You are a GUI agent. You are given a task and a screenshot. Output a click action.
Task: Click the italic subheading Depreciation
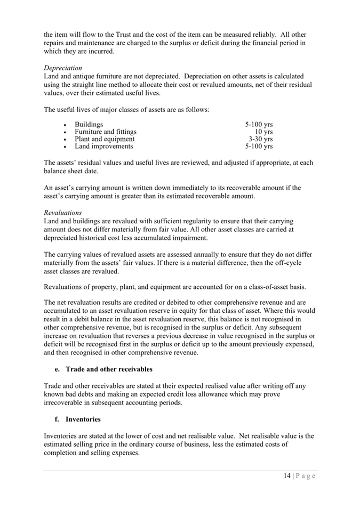63,68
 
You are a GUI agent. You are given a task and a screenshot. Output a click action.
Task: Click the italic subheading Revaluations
62,212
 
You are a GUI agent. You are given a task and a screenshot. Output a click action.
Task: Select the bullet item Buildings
89,125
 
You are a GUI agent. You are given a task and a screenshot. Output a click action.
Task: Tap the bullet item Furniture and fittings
106,132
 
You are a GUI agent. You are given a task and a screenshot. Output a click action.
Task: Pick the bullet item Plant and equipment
105,139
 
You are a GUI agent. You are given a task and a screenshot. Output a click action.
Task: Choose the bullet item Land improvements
104,146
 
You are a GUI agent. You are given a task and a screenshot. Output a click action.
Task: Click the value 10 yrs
263,132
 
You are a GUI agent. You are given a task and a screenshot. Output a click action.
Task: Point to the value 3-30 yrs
260,139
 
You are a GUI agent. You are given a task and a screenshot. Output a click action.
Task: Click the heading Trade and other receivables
109,369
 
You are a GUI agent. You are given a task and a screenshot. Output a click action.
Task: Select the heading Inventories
83,419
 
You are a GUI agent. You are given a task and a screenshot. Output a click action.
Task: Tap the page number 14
287,476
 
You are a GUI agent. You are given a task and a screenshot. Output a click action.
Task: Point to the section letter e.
57,369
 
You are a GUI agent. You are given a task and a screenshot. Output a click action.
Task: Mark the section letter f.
57,419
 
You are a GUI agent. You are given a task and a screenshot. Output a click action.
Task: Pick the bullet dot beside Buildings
65,125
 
